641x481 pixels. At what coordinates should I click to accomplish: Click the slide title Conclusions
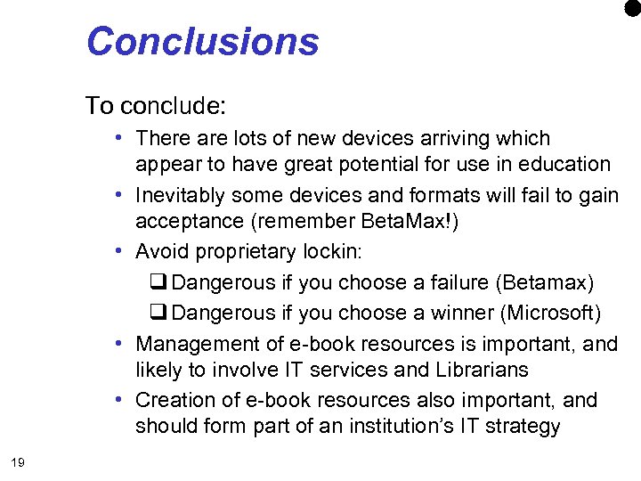point(202,42)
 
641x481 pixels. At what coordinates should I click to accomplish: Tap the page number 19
point(17,461)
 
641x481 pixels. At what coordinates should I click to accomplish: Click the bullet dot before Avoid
point(118,252)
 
